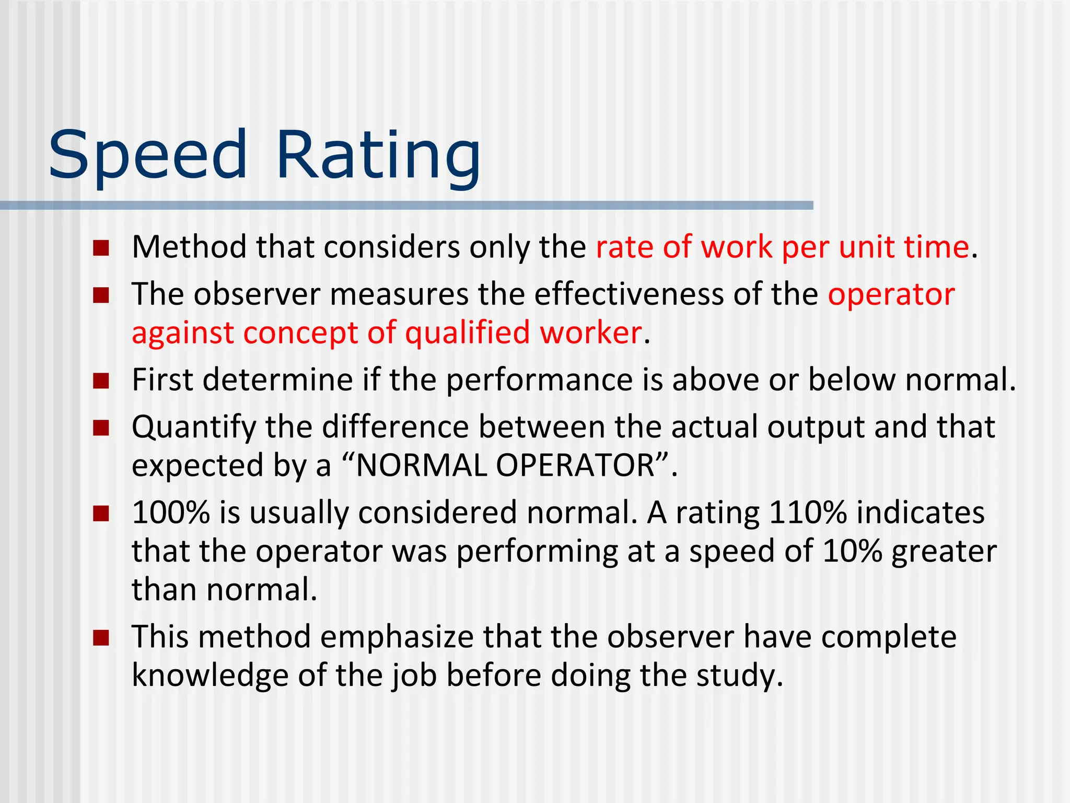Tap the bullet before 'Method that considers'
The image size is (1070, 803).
[x=101, y=248]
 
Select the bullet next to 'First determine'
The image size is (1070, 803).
[x=101, y=381]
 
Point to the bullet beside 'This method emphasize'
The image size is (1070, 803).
[x=101, y=638]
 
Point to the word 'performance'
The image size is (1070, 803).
[x=539, y=380]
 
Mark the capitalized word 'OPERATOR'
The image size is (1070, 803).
[x=575, y=465]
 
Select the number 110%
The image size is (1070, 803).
[x=808, y=512]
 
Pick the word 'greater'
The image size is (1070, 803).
[x=944, y=552]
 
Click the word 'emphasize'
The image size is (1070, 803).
[x=397, y=638]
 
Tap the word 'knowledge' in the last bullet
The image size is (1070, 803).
[x=210, y=675]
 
